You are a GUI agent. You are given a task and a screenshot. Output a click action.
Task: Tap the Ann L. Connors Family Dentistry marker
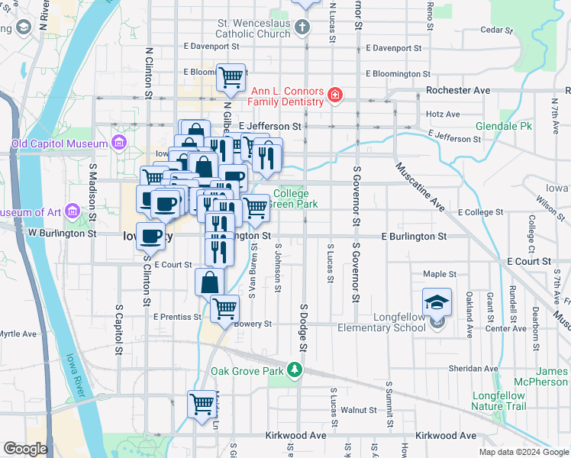(334, 95)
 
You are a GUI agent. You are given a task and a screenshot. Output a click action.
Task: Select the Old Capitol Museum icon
(118, 143)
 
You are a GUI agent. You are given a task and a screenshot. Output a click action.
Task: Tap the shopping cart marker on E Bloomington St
(231, 77)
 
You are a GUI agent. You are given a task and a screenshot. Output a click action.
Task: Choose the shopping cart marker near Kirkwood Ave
(202, 403)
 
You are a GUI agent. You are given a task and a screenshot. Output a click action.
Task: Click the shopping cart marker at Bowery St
(224, 308)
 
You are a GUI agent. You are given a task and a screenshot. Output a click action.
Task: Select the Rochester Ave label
(458, 90)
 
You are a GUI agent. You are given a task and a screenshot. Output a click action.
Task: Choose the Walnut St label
(360, 410)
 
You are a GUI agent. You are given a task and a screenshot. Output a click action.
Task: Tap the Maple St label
(440, 273)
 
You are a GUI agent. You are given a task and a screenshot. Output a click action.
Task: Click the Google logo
(25, 449)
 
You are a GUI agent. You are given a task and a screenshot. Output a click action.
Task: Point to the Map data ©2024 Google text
(523, 452)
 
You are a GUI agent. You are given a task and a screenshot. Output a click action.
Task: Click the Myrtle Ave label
(18, 334)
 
